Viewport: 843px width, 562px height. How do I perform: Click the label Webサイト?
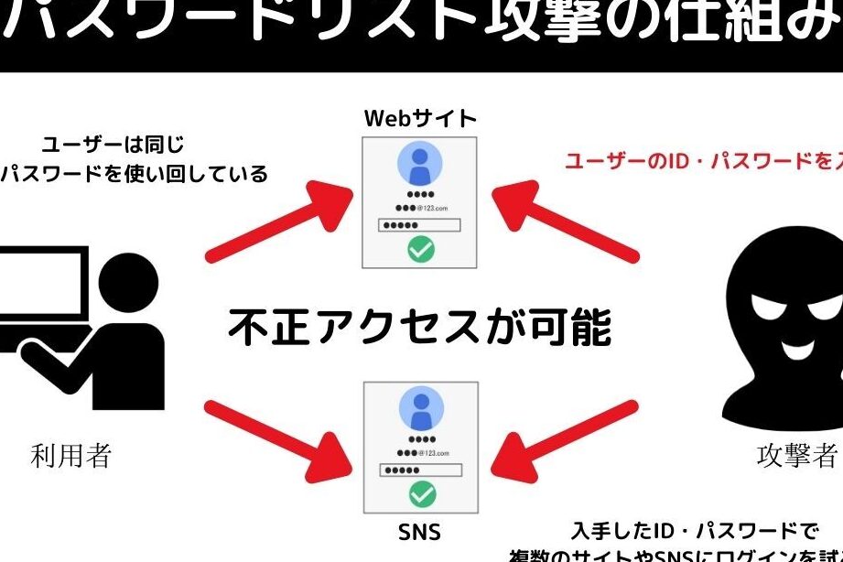420,119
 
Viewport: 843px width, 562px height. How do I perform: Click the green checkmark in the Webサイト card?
421,249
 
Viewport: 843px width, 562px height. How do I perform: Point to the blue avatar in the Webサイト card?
421,166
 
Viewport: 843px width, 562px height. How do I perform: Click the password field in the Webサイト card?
421,225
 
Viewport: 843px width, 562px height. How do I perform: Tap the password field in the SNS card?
421,470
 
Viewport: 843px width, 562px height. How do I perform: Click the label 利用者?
71,455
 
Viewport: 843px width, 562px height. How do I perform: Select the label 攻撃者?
796,455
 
